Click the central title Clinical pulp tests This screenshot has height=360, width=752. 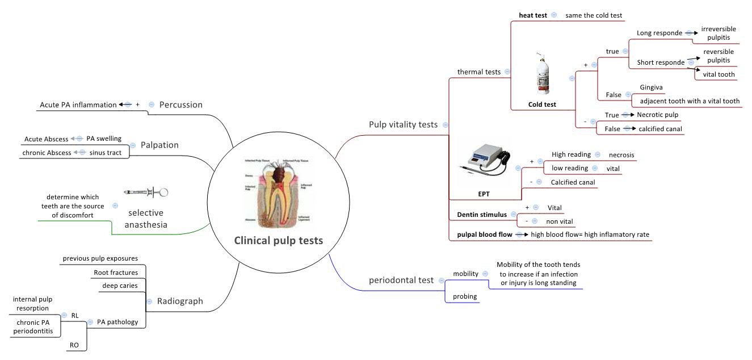pyautogui.click(x=278, y=241)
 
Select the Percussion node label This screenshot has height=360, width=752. pyautogui.click(x=180, y=104)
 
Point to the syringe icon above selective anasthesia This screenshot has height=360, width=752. pyautogui.click(x=146, y=192)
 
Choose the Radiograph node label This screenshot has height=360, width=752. pyautogui.click(x=180, y=301)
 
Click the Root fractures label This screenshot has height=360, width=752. pyautogui.click(x=116, y=273)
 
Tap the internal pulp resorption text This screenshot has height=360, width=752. pyautogui.click(x=36, y=303)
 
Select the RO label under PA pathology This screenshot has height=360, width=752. pyautogui.click(x=74, y=345)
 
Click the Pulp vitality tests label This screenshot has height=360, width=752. pyautogui.click(x=403, y=124)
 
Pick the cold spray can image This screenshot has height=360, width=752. pyautogui.click(x=542, y=74)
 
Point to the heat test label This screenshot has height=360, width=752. pyautogui.click(x=533, y=15)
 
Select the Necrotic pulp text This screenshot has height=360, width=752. pyautogui.click(x=657, y=114)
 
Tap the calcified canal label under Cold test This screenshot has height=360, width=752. pyautogui.click(x=660, y=129)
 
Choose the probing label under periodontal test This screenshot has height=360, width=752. pyautogui.click(x=464, y=296)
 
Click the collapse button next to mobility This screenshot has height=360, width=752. pyautogui.click(x=485, y=274)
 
